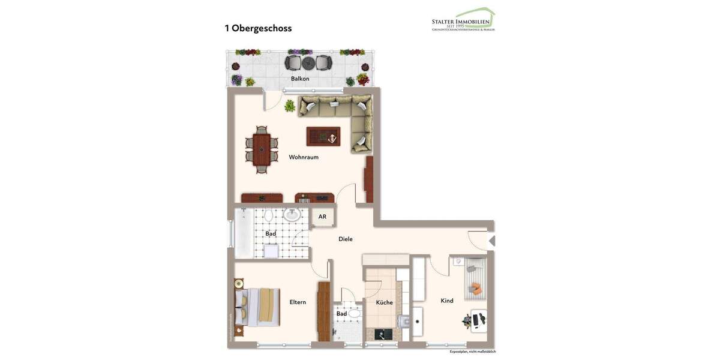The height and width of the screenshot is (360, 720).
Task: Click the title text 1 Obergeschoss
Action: (x=258, y=28)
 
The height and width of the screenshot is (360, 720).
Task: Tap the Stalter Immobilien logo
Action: (x=463, y=20)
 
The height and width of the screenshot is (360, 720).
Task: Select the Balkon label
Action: (x=300, y=79)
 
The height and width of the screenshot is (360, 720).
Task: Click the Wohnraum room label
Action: (x=304, y=157)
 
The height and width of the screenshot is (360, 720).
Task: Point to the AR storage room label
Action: (x=322, y=217)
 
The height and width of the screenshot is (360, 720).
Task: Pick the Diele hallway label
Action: (x=346, y=239)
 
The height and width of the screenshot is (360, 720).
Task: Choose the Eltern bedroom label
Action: (x=298, y=302)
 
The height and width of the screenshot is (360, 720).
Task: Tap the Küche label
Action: (x=384, y=302)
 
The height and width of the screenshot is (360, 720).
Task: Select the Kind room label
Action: (x=447, y=301)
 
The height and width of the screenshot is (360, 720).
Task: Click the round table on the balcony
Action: (x=308, y=62)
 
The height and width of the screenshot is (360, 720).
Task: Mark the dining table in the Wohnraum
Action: (x=262, y=149)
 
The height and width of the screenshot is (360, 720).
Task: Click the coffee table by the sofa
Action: (x=323, y=136)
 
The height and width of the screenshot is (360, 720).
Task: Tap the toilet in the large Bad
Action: (x=269, y=215)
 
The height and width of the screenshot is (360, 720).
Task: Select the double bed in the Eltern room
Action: (x=259, y=307)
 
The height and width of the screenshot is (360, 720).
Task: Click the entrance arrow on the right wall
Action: (x=492, y=241)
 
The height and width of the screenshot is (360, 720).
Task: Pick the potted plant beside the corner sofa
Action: (x=290, y=106)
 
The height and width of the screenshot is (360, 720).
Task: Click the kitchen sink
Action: (x=416, y=322)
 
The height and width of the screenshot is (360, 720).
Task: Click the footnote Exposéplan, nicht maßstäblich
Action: (x=473, y=352)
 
